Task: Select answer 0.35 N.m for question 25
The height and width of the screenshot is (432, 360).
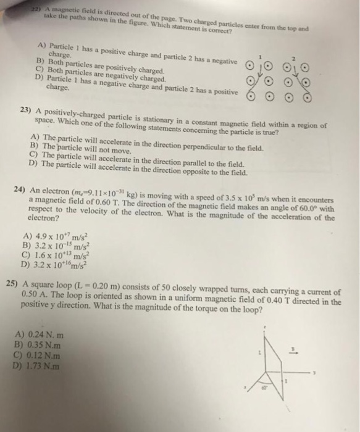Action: (x=38, y=345)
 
